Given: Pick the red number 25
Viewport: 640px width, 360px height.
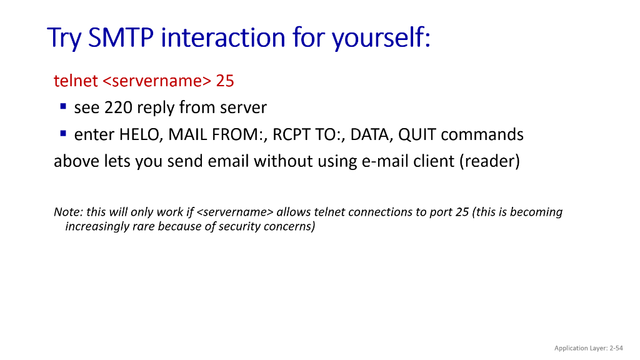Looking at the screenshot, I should [x=225, y=81].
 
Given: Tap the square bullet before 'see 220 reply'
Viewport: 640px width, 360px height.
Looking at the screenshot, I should [x=63, y=107].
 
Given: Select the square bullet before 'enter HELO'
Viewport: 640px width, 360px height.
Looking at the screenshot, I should [x=63, y=134].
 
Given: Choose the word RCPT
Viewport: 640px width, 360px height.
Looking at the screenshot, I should [x=292, y=135].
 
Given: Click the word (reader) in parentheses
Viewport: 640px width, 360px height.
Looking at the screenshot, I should [x=489, y=162].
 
